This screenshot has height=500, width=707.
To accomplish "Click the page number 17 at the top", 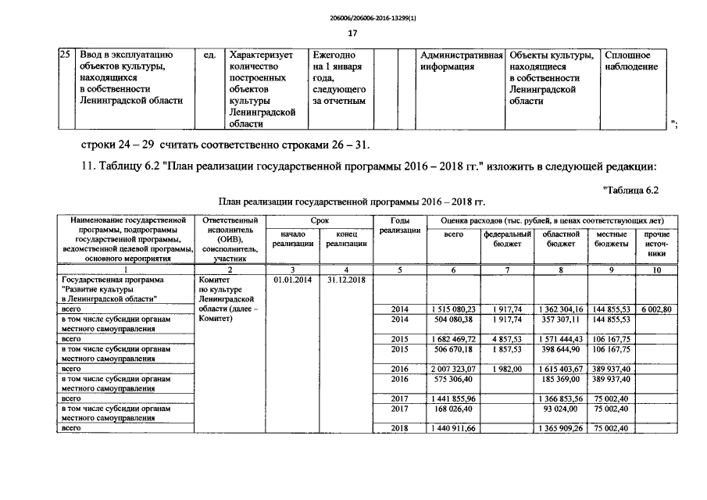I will coord(352,33).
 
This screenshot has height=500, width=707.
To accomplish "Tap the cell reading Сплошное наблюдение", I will coord(631,62).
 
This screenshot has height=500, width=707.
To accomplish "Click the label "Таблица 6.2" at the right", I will coord(632,190).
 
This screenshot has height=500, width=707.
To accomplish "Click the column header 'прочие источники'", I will coord(656,244).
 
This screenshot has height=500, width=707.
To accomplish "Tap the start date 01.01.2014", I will coord(293,279).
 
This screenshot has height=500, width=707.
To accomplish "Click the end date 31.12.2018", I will coord(346,279).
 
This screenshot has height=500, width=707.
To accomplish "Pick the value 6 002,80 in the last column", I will coord(656,310).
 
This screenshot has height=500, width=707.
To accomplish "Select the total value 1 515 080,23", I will coord(453,310).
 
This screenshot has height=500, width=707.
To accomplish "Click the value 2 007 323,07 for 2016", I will coord(453,368).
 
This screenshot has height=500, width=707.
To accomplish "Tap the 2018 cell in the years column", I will coord(400,428).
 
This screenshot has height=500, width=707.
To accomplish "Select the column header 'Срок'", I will coord(320,222).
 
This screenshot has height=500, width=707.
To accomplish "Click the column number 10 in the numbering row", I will coord(656,270).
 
